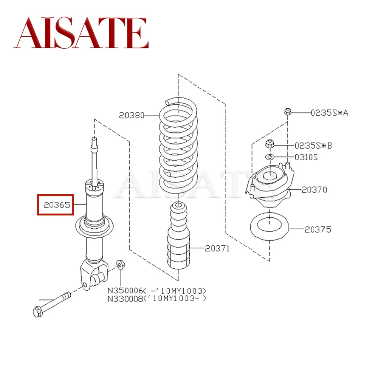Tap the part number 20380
click(x=132, y=115)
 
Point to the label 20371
click(x=217, y=248)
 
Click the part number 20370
click(x=314, y=189)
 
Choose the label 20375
click(x=318, y=229)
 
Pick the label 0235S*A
click(x=329, y=112)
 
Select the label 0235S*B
click(x=313, y=145)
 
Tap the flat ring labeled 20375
click(x=270, y=229)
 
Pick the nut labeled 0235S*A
click(x=287, y=112)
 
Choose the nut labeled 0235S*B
click(x=270, y=144)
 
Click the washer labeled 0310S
click(x=269, y=157)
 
